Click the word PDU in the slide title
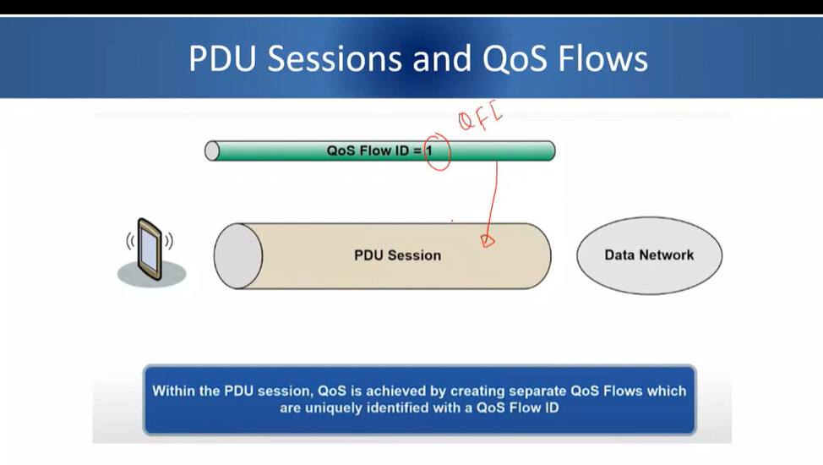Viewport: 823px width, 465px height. (x=222, y=58)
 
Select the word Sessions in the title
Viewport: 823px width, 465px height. (x=335, y=58)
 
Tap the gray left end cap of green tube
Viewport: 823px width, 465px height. (x=212, y=150)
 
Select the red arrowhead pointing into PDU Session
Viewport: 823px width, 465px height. (x=488, y=241)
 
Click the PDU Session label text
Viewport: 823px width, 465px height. (x=397, y=255)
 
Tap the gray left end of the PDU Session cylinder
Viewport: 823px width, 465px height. (x=237, y=256)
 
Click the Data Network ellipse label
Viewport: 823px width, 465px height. (x=649, y=254)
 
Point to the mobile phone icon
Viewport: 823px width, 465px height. (x=150, y=249)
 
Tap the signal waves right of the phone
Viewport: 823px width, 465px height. (x=169, y=241)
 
